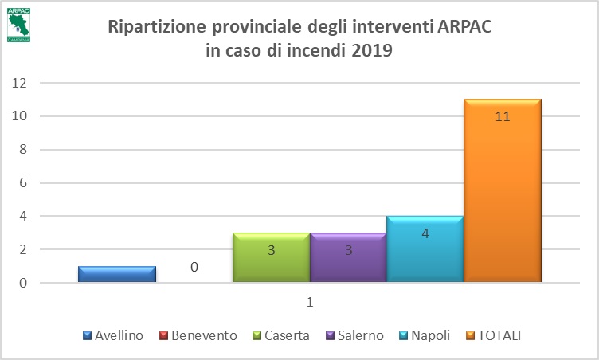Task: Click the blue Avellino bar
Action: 116,274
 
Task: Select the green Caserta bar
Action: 271,257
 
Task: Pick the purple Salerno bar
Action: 348,257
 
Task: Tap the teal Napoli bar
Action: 425,248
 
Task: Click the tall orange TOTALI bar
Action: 502,191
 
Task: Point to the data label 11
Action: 502,116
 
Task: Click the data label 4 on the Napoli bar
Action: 425,233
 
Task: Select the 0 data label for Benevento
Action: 194,267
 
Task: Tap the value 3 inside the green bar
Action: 271,250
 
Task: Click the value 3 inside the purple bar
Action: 348,250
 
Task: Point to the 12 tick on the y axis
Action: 20,83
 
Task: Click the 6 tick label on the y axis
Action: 23,183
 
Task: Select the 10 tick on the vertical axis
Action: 20,116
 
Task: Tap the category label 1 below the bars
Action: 309,303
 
